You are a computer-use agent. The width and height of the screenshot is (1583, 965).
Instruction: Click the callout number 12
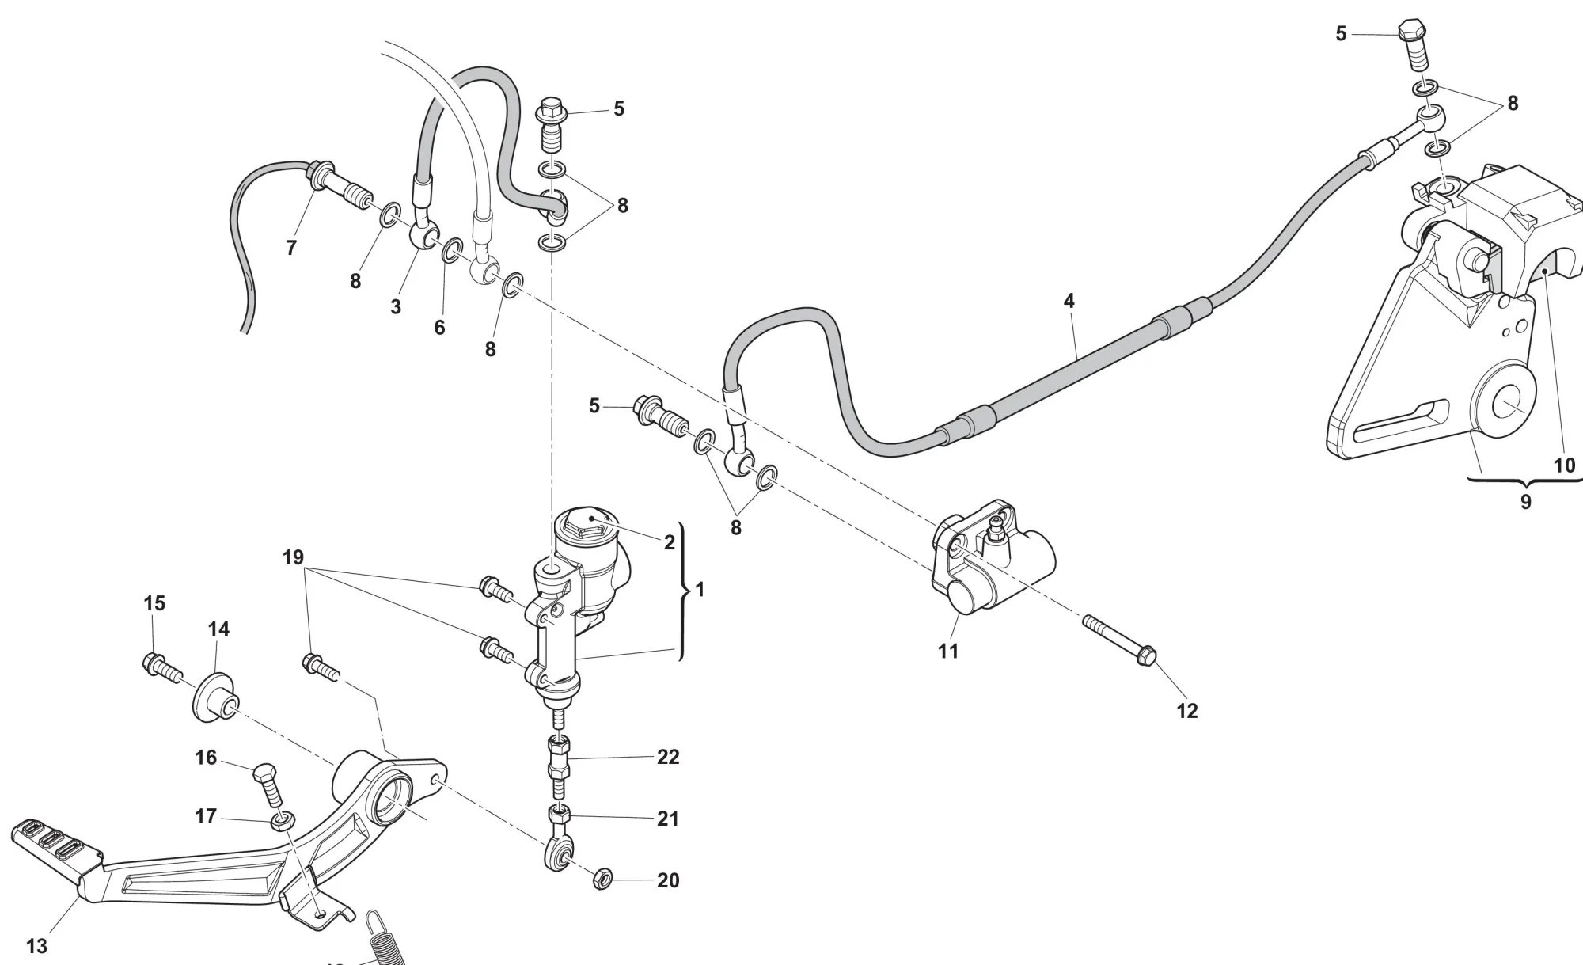tap(1187, 711)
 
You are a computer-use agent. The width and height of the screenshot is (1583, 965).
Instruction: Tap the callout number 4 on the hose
tap(1069, 301)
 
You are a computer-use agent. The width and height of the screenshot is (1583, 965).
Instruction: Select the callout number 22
tap(668, 757)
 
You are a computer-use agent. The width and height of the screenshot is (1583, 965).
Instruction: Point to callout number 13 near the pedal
tap(36, 946)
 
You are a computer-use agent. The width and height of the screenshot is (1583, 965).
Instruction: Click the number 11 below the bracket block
tap(948, 651)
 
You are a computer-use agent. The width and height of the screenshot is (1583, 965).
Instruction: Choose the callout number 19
tap(293, 557)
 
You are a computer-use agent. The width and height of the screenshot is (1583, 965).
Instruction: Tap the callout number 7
tap(291, 248)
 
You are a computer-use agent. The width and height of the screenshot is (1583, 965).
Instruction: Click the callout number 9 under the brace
tap(1525, 502)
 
